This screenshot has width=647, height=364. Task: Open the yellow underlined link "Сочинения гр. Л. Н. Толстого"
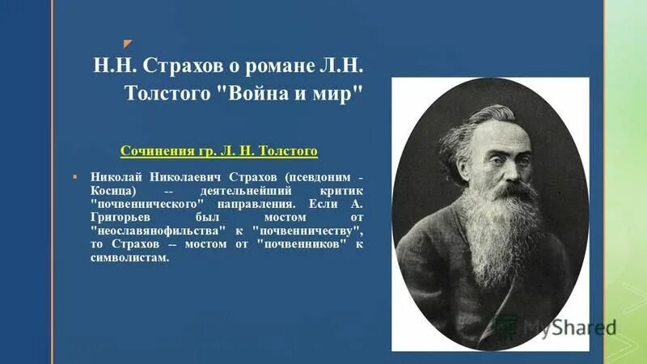pyautogui.click(x=218, y=150)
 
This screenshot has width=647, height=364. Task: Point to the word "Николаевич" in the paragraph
pyautogui.click(x=179, y=176)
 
